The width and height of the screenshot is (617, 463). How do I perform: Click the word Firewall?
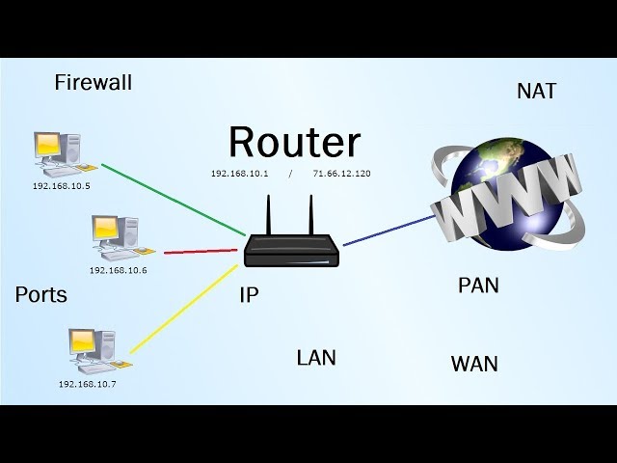(x=93, y=83)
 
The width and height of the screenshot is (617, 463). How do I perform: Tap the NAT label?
(x=536, y=92)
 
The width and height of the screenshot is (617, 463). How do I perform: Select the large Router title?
(x=294, y=143)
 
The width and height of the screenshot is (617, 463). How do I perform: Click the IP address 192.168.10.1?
(x=239, y=174)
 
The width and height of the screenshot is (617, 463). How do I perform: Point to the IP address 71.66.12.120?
(x=341, y=174)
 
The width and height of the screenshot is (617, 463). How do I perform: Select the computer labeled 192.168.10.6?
(x=115, y=237)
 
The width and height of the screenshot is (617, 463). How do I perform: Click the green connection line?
(x=174, y=200)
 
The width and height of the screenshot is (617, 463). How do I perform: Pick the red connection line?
(x=201, y=250)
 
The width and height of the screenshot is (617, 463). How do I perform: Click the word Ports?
(x=41, y=295)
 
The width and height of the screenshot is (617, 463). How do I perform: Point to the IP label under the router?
(x=249, y=296)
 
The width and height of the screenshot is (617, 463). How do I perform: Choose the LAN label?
(x=316, y=358)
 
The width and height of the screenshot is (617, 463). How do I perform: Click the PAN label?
(x=478, y=286)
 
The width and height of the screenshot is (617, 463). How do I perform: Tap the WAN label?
(x=474, y=364)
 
